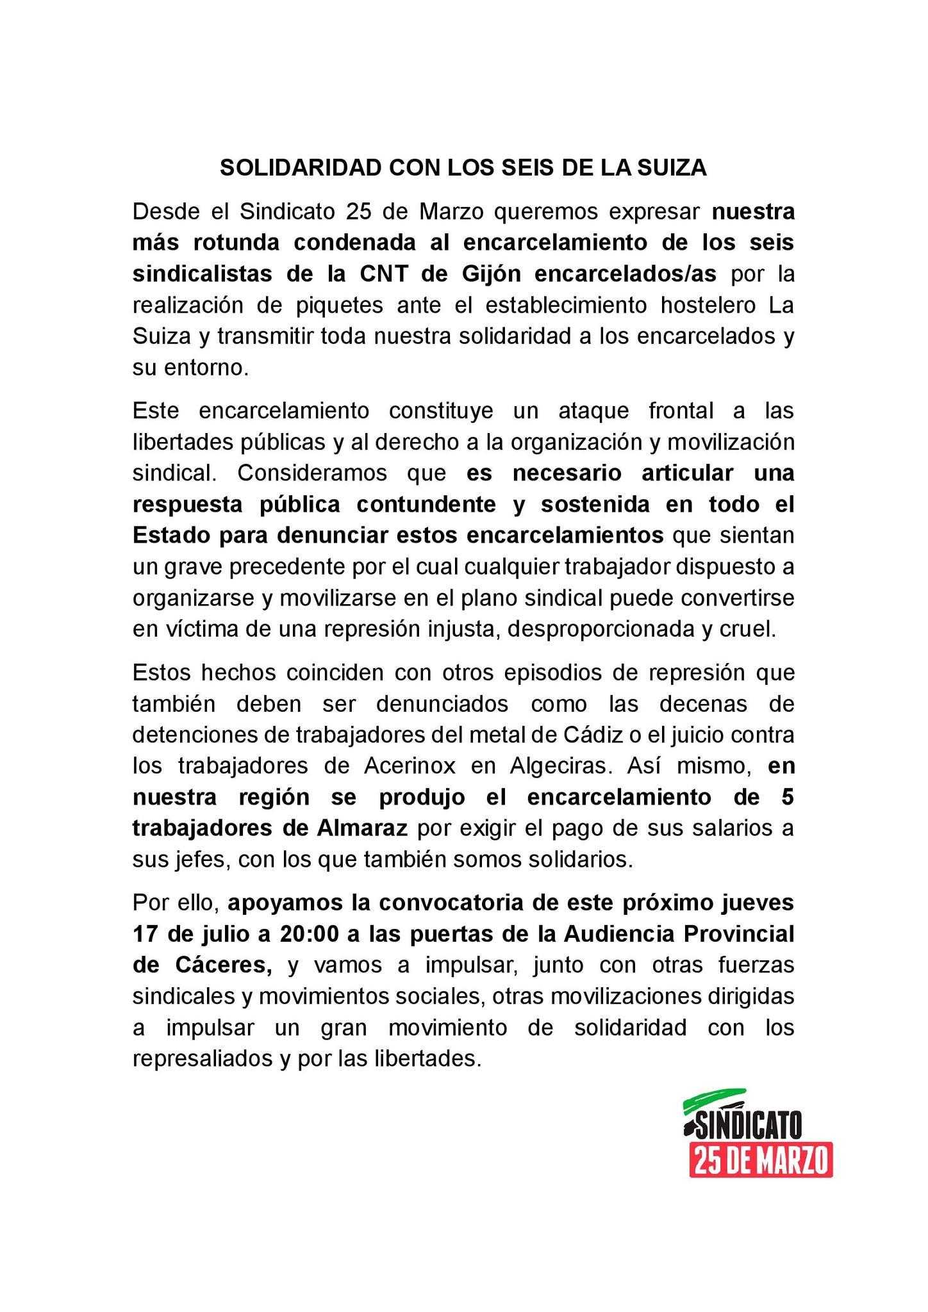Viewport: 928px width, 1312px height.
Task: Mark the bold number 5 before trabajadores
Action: pos(787,798)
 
